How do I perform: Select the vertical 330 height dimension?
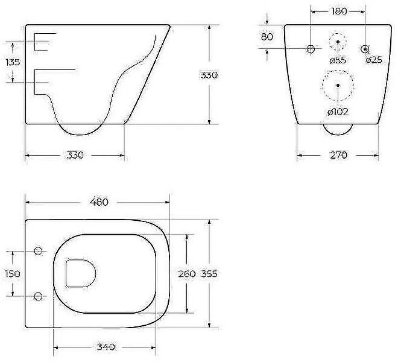point(209,75)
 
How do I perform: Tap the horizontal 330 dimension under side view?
point(74,155)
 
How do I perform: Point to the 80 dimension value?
point(267,36)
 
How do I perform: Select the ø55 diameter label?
point(338,60)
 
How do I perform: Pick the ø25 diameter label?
point(374,60)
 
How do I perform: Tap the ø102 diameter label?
point(338,112)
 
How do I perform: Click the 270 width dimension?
point(338,155)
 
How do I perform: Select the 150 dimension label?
point(12,273)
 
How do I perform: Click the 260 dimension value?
point(187,274)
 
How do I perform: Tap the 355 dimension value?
point(209,274)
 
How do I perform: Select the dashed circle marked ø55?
point(338,42)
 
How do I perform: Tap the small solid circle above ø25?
point(365,48)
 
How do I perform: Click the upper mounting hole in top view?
point(39,250)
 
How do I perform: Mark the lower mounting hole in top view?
point(39,296)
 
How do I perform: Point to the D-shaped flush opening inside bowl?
point(79,273)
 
